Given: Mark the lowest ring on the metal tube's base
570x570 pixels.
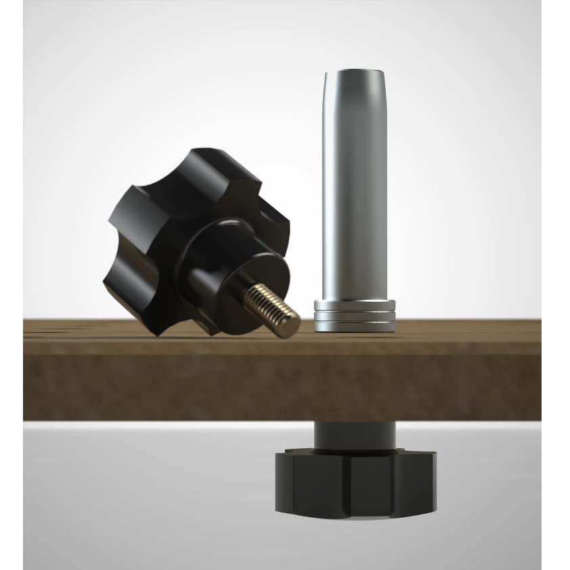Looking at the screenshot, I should coord(355,326).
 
